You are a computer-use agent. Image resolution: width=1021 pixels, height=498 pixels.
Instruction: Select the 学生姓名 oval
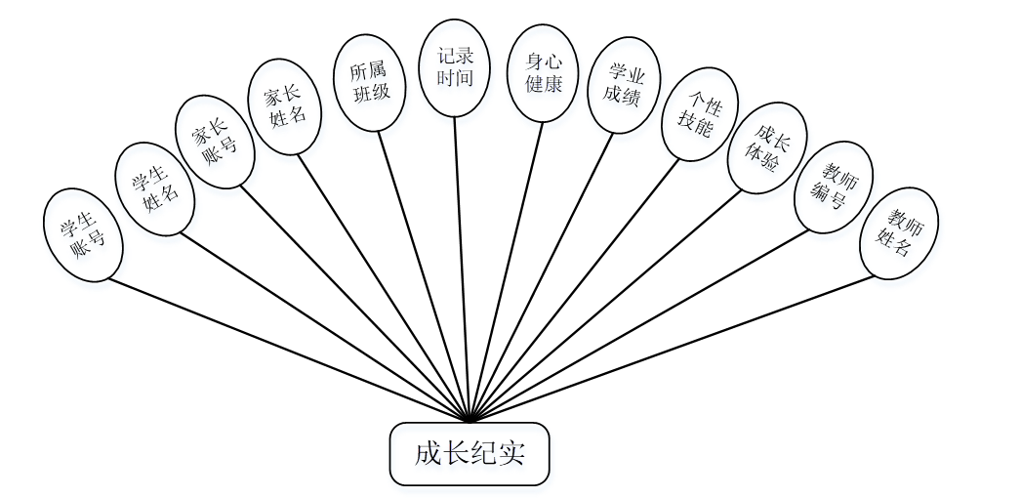click(x=154, y=188)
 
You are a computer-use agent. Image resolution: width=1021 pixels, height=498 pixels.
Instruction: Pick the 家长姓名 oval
click(x=282, y=106)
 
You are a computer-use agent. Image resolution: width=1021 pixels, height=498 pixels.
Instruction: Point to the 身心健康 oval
click(x=544, y=74)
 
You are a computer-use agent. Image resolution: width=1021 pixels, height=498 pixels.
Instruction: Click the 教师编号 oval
click(x=834, y=189)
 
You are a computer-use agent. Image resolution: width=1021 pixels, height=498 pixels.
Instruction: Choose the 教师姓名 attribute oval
click(x=899, y=233)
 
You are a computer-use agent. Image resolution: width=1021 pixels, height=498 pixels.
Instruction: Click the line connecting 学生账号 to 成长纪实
click(x=289, y=351)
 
